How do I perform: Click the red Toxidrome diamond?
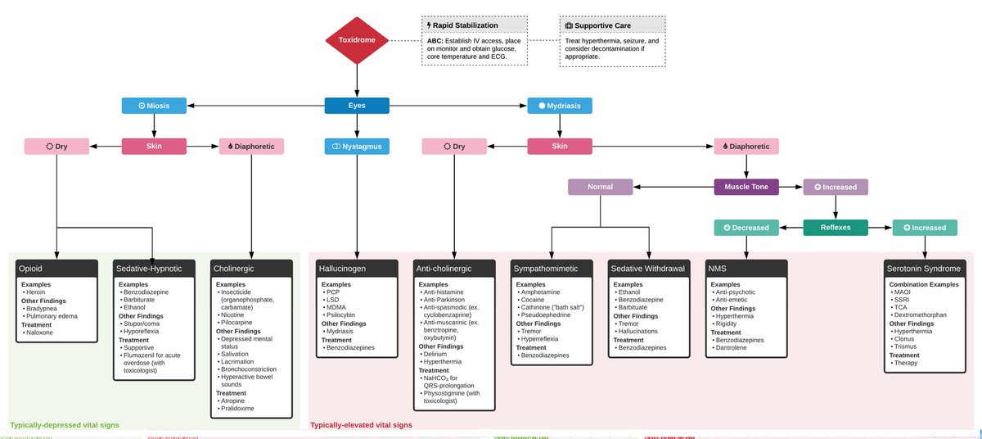358,39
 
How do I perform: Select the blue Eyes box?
357,106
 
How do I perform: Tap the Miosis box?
154,106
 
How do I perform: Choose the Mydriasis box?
560,106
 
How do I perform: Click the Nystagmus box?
357,147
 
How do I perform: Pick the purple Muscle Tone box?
746,187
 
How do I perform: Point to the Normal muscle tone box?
600,187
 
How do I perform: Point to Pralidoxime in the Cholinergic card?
239,407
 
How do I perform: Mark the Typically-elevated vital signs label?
361,425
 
